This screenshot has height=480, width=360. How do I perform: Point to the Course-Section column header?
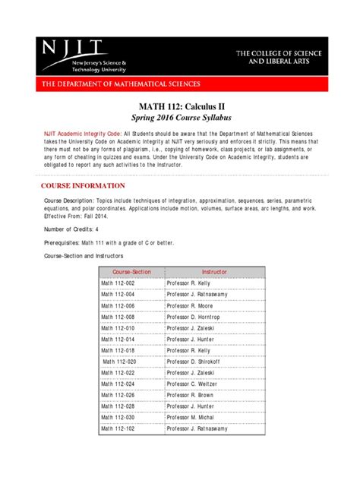(x=131, y=271)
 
